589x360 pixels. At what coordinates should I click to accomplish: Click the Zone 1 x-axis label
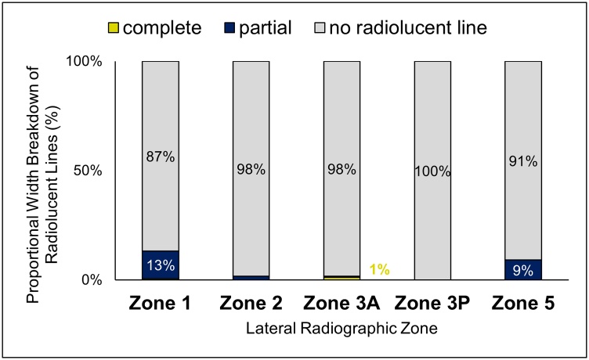click(161, 301)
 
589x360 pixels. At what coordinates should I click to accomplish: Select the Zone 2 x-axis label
click(251, 301)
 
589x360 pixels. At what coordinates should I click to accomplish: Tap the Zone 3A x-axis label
click(342, 301)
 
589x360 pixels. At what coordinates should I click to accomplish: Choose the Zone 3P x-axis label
click(432, 301)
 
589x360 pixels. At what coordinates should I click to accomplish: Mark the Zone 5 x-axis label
click(523, 301)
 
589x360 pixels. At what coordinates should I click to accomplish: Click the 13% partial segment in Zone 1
click(161, 265)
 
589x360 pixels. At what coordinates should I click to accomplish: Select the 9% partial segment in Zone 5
click(523, 269)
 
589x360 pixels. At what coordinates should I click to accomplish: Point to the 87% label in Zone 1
click(161, 157)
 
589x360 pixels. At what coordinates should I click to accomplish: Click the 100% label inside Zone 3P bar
click(432, 171)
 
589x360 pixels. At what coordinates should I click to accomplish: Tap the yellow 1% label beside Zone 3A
click(380, 270)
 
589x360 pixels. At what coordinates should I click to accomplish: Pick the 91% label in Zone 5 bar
click(523, 162)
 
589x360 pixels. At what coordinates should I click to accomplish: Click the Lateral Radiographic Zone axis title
click(341, 329)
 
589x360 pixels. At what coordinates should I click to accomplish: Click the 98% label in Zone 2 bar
click(251, 168)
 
